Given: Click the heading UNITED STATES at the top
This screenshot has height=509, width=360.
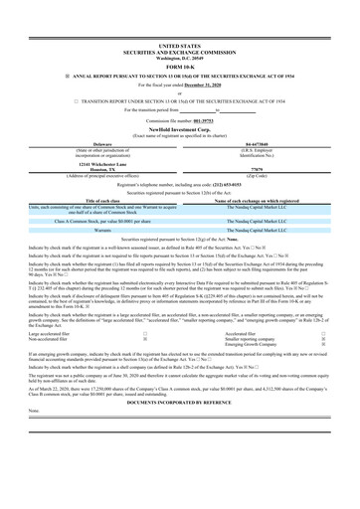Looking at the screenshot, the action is (x=179, y=46).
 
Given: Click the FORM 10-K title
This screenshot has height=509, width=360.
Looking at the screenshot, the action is (x=179, y=66).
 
